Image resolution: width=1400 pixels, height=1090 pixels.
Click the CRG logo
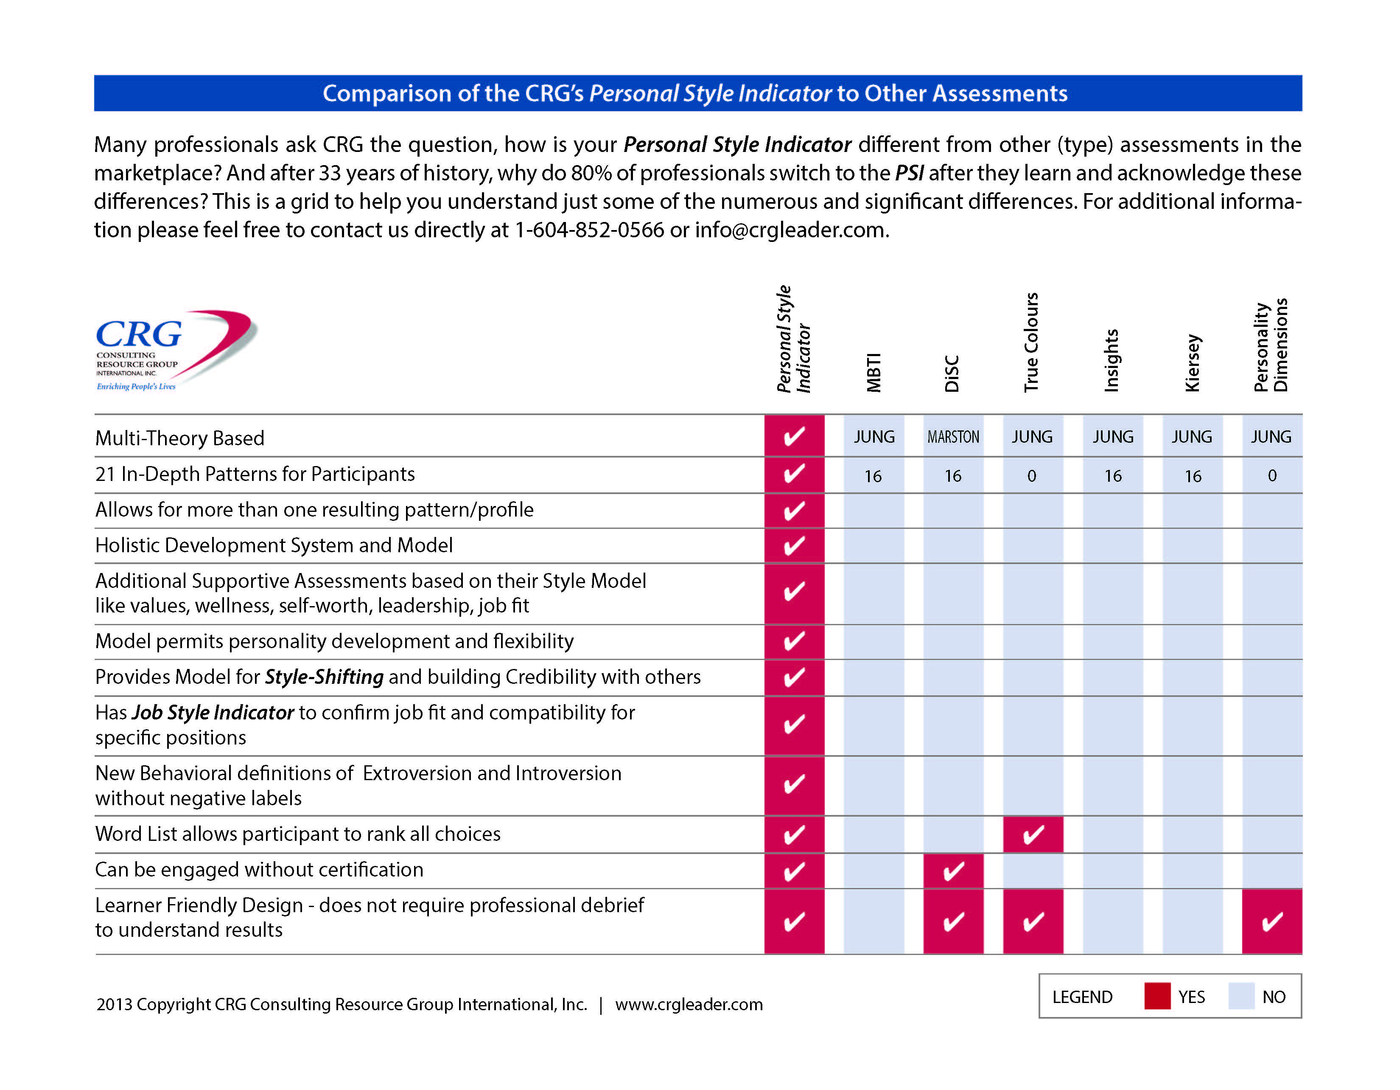coord(176,350)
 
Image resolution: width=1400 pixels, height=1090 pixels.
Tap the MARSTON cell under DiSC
coord(953,437)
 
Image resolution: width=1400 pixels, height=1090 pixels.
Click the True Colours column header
coord(1031,343)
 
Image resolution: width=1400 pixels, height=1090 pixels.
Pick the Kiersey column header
coord(1192,363)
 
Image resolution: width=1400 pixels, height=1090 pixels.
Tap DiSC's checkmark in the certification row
coord(953,871)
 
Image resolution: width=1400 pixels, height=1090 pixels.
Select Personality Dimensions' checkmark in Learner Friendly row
coord(1272,921)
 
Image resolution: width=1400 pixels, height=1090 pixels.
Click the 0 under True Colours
coord(1031,476)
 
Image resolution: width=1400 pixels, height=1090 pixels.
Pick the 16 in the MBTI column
coord(873,476)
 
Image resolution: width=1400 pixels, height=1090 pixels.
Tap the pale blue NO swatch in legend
coord(1241,996)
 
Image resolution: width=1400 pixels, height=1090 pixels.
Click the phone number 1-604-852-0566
coord(589,230)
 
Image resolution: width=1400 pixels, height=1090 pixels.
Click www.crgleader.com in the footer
coord(689,1004)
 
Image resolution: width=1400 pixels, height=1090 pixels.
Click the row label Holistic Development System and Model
coord(274,545)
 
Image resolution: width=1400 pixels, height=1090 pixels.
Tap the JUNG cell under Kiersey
coord(1192,437)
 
